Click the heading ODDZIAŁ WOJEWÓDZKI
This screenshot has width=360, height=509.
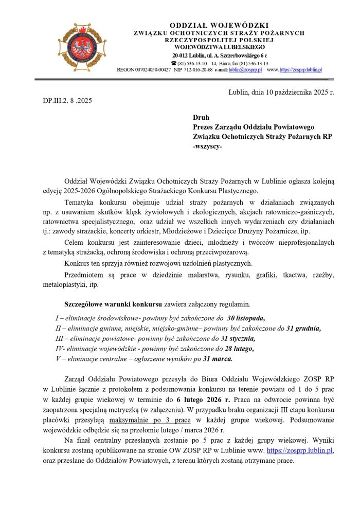point(219,26)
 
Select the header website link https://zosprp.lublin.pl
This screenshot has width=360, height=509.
point(301,69)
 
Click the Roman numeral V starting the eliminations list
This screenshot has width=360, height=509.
point(57,359)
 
